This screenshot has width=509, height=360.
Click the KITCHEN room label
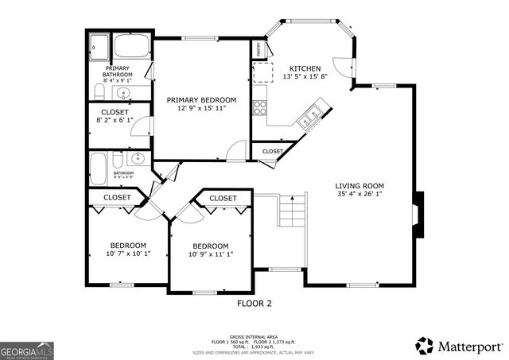(x=305, y=68)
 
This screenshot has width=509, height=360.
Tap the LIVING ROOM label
(x=359, y=184)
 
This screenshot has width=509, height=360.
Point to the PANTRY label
(x=259, y=49)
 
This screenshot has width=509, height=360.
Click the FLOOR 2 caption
(x=254, y=304)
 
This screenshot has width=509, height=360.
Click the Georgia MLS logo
(x=27, y=350)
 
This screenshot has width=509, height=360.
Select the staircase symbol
(x=292, y=211)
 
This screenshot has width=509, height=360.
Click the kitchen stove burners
(x=260, y=107)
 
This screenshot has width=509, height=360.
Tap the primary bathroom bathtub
(x=131, y=45)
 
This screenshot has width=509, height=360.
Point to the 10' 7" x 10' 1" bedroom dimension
(x=128, y=254)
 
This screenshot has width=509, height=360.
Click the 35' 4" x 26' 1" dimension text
(x=359, y=193)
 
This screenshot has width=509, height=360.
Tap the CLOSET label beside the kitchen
(x=273, y=150)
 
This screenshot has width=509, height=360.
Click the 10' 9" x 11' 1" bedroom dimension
(x=211, y=254)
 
